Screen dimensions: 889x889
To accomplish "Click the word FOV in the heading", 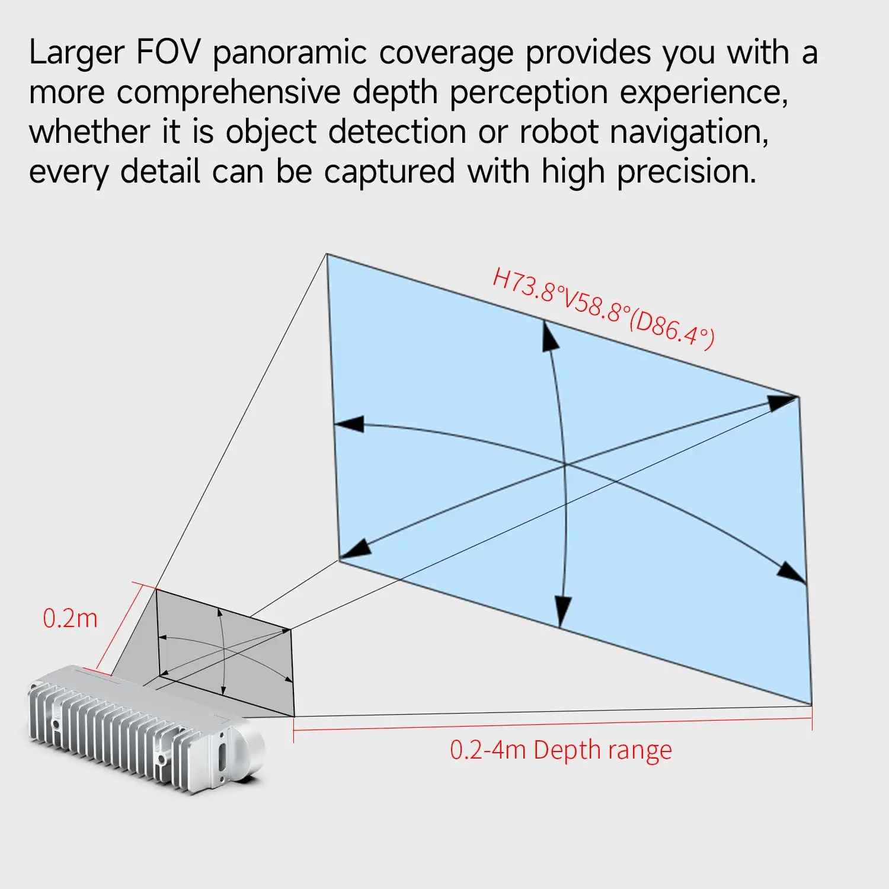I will [168, 52].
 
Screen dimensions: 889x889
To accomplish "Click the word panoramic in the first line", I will [290, 53].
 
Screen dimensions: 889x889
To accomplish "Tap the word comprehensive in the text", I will [228, 93].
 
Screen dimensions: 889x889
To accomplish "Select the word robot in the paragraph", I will [558, 132].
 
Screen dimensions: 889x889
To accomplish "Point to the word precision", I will [686, 172].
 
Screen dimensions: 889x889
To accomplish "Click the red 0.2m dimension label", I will [70, 619].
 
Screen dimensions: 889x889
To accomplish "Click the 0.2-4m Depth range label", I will [561, 750].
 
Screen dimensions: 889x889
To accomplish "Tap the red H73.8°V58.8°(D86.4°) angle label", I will [603, 308].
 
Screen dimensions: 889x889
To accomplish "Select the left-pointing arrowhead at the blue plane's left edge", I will [350, 424].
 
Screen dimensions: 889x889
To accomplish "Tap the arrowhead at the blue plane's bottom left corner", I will [355, 549].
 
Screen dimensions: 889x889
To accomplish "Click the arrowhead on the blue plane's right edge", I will [792, 573].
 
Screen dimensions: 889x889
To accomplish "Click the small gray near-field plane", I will [225, 652].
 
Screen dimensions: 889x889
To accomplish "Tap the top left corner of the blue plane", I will [327, 254].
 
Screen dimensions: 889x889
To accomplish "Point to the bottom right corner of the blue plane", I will [811, 704].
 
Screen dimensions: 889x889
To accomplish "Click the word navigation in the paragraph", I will [689, 132].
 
